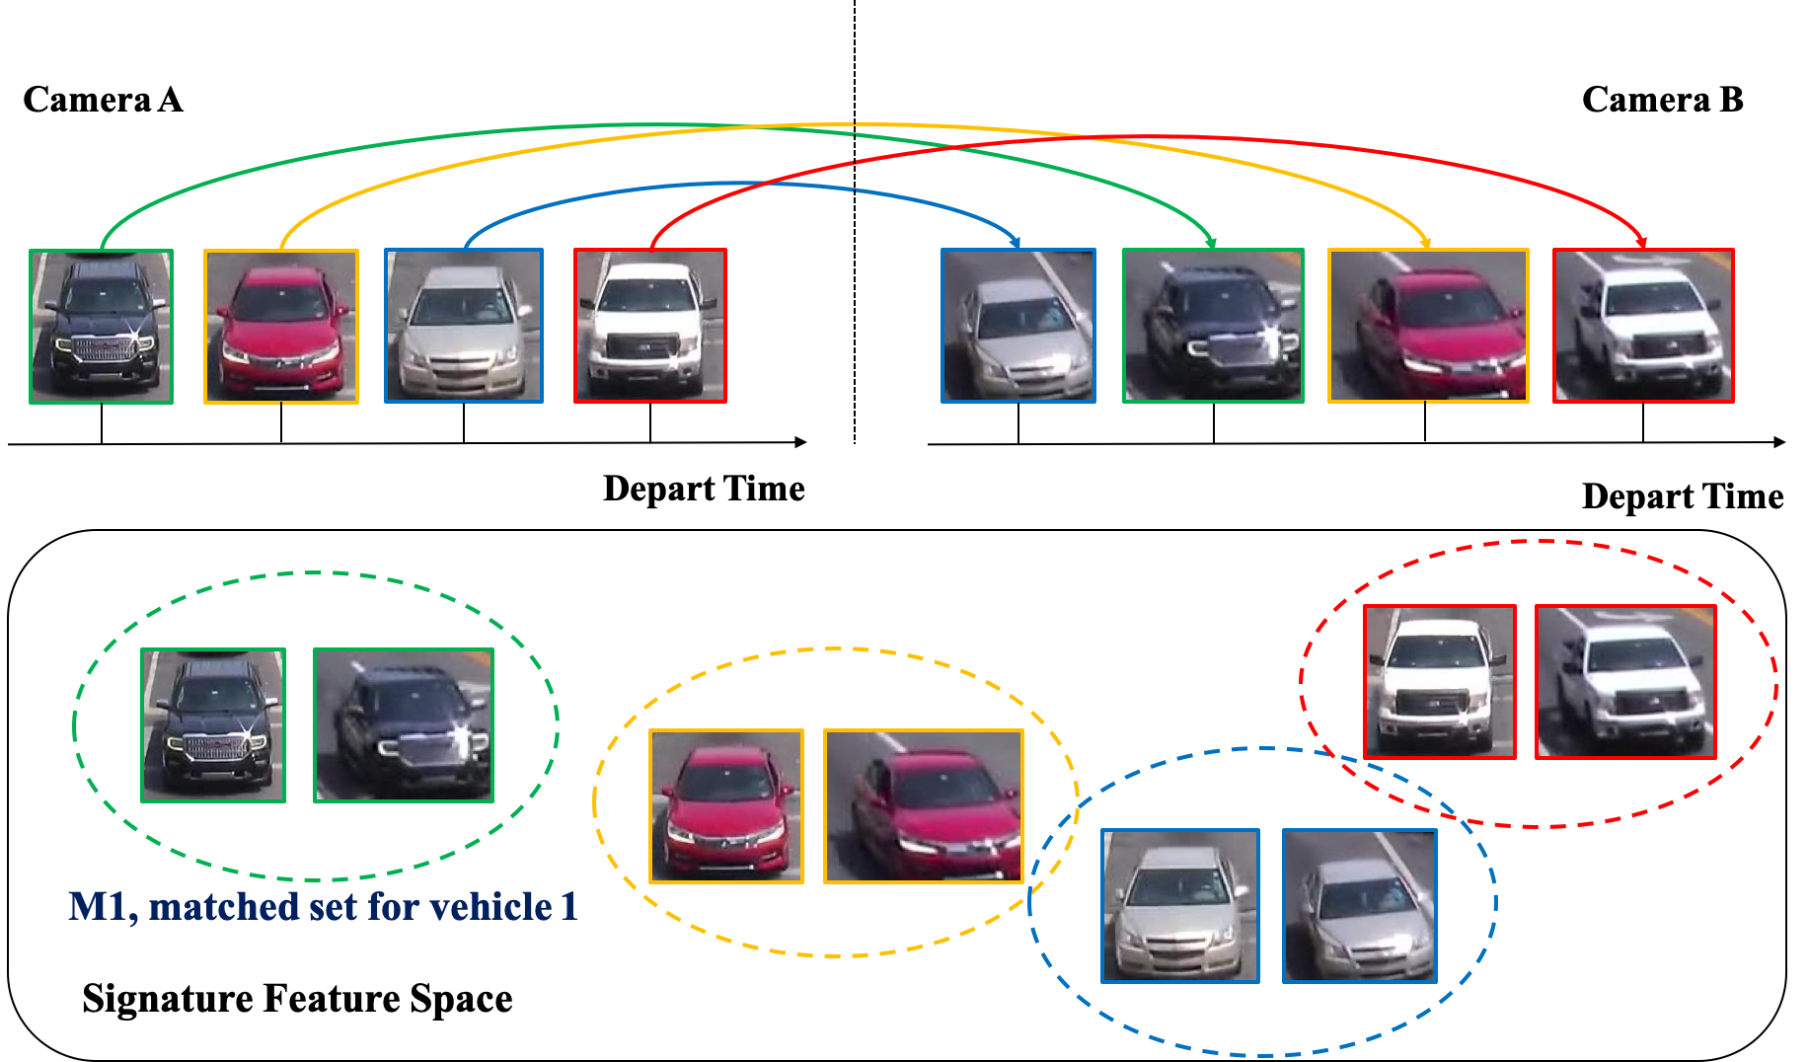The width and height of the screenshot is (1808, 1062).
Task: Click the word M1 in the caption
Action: pos(99,906)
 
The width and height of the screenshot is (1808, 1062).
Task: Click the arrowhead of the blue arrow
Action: pos(1016,241)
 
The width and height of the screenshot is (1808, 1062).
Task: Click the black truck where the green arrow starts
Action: pos(102,327)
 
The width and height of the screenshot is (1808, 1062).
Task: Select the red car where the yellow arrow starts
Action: pos(281,327)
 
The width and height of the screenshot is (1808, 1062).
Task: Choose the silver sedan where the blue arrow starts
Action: pos(464,327)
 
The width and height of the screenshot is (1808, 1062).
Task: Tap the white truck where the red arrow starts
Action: pos(650,327)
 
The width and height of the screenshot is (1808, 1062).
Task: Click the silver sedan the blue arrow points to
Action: pos(1018,327)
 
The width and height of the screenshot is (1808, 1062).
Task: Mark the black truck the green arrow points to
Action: pos(1213,327)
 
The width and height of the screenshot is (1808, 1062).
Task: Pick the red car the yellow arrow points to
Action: pos(1428,327)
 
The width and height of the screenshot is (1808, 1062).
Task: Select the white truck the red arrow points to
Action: pos(1643,327)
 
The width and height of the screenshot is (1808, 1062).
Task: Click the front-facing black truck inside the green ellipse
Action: pos(213,725)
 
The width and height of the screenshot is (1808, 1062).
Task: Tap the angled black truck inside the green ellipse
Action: pos(404,725)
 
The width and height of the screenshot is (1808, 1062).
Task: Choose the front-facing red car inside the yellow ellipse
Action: pos(726,806)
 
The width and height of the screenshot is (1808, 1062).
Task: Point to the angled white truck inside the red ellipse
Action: pos(1625,682)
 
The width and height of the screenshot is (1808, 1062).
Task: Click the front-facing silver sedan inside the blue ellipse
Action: pos(1180,906)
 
